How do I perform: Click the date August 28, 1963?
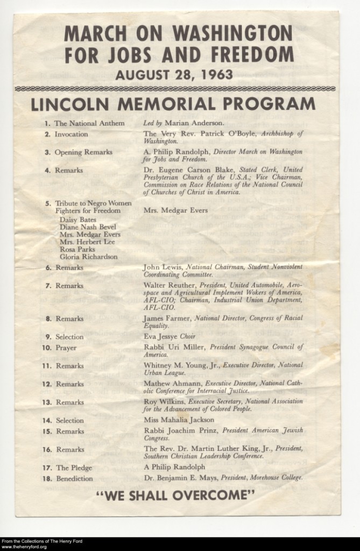click(174, 74)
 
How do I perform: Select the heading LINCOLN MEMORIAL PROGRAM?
click(173, 104)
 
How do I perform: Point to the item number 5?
click(48, 204)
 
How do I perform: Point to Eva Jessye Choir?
click(170, 337)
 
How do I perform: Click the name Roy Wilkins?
click(165, 401)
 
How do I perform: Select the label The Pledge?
click(70, 468)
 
